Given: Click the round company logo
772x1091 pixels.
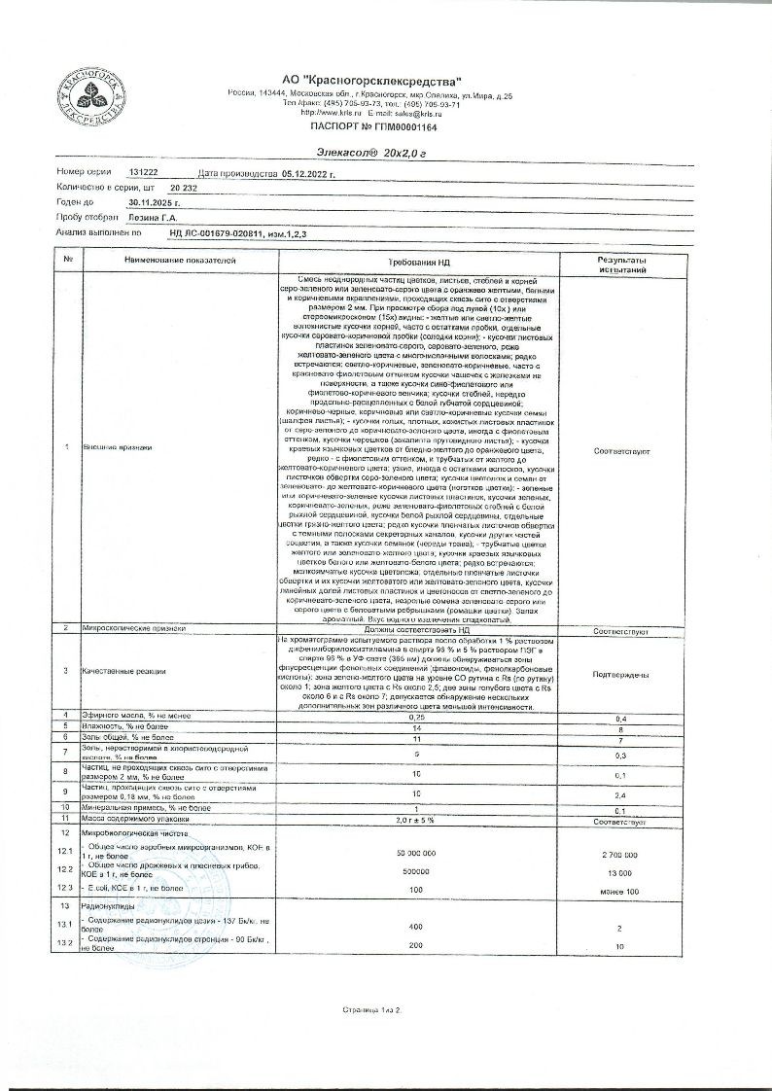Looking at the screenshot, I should click(92, 94).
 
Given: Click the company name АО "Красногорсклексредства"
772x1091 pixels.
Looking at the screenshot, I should click(371, 81).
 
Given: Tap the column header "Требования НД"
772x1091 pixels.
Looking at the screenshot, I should click(419, 263).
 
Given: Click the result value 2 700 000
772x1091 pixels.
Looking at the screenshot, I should click(614, 854).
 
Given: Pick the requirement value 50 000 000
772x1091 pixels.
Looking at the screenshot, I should click(419, 853).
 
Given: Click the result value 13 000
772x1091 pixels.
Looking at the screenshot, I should click(614, 872).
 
